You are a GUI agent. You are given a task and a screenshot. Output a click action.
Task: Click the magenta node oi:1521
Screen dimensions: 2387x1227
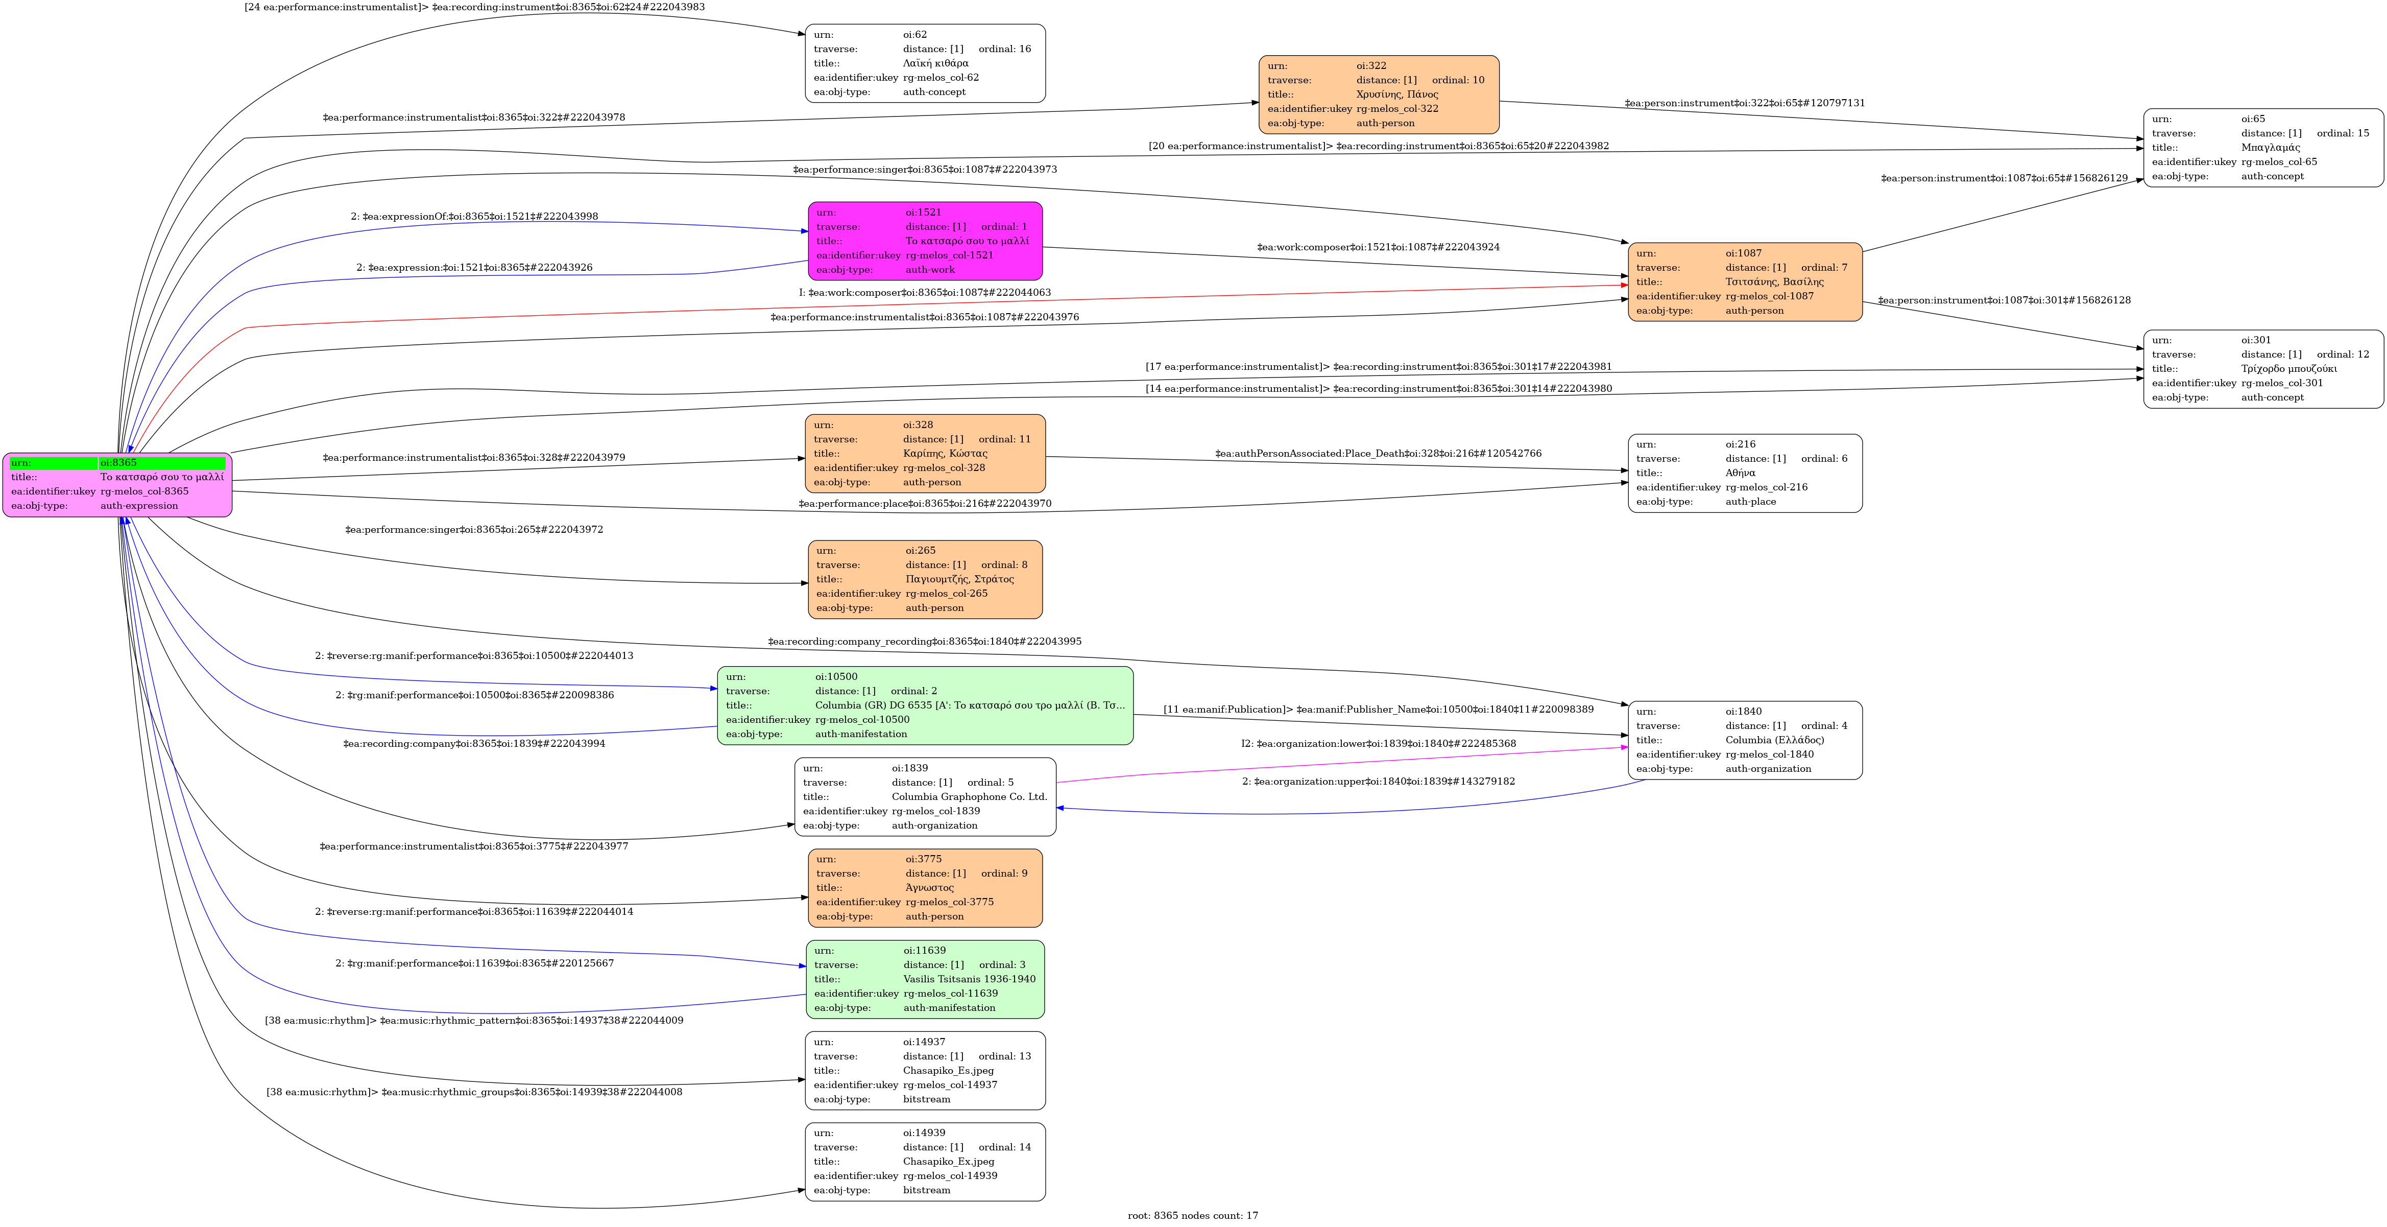pos(925,241)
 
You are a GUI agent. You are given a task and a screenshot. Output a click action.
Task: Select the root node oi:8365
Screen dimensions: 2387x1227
pos(117,485)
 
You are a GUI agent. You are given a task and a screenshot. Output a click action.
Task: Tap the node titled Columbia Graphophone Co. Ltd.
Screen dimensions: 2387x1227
pos(925,797)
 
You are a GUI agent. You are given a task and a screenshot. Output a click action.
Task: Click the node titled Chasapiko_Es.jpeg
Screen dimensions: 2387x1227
pos(925,1070)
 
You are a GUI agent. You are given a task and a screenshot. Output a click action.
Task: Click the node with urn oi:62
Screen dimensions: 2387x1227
pos(925,63)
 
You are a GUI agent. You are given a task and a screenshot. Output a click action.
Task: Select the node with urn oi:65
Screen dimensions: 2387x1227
pos(2263,147)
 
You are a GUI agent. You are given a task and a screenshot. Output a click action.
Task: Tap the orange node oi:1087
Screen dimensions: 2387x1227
pos(1745,282)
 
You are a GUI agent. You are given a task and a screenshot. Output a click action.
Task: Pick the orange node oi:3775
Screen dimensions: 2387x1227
pos(925,888)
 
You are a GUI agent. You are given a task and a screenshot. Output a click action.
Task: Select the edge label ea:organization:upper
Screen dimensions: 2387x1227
pos(1379,781)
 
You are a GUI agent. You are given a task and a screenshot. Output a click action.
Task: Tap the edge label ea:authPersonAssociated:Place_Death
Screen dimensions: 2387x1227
pos(1379,453)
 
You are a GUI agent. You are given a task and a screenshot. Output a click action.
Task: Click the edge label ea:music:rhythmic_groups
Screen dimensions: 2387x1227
pos(474,1092)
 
